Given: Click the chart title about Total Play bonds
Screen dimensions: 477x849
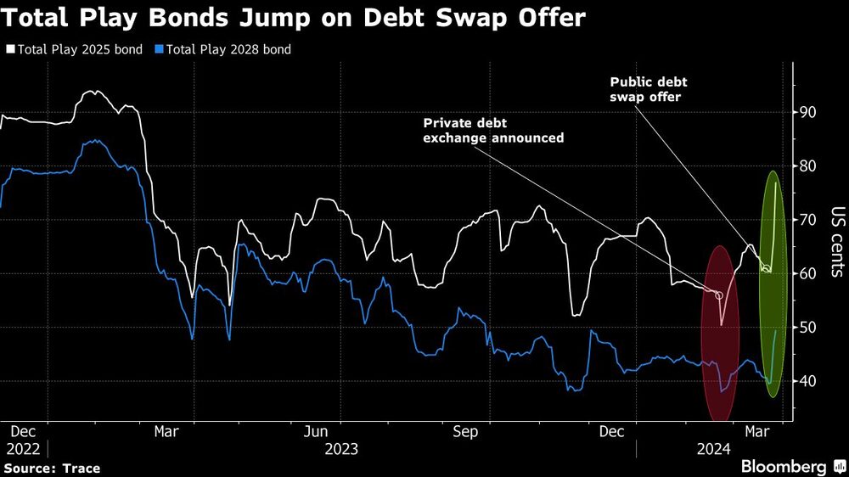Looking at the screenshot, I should (293, 18).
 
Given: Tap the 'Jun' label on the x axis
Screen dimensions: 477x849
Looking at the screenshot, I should (316, 431).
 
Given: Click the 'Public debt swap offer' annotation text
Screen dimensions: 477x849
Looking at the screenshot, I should (649, 89).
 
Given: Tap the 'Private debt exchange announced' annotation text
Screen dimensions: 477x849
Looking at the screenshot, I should (493, 130).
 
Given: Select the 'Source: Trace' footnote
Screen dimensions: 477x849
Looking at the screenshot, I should (52, 469).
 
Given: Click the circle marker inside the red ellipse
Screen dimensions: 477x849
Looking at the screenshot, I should (719, 295).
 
